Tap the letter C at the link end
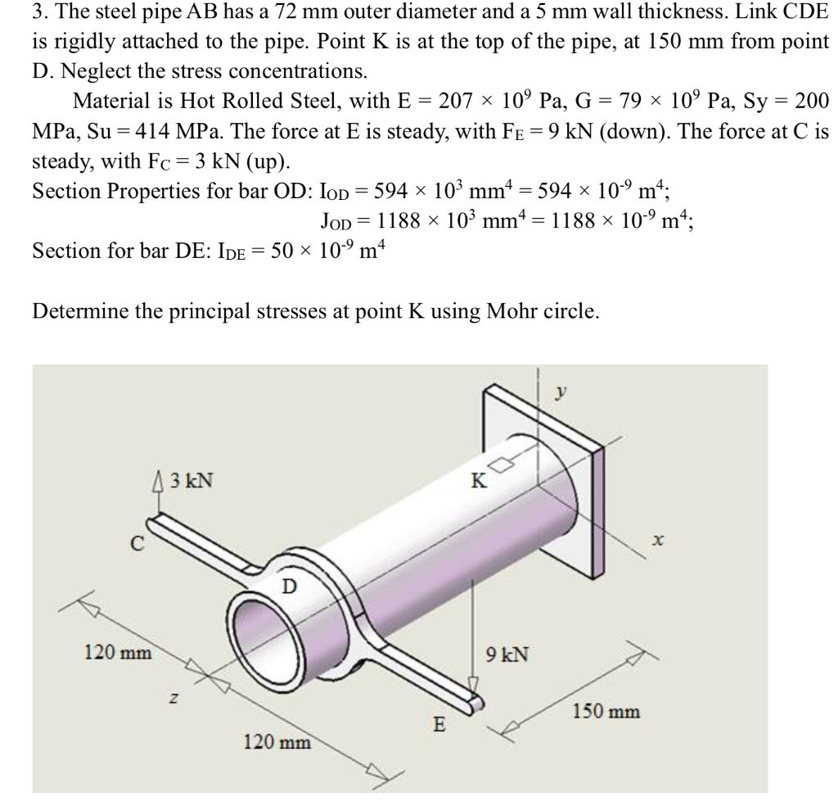click(x=140, y=542)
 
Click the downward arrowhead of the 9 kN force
click(x=472, y=683)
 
